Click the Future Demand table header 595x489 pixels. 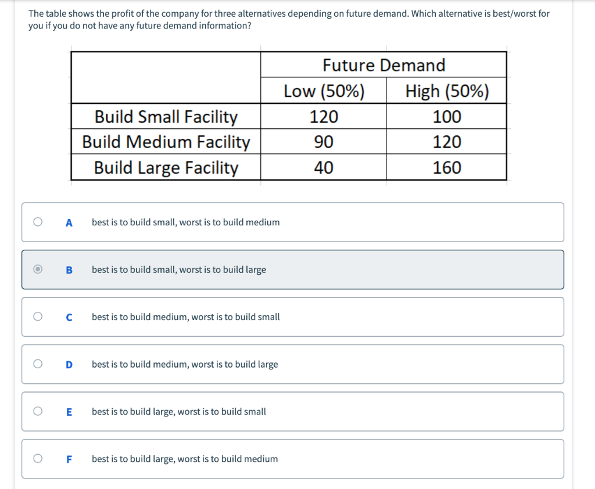(x=383, y=65)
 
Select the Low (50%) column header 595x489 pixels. (x=324, y=91)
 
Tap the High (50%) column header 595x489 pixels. (x=447, y=91)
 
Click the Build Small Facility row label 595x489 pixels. (x=166, y=117)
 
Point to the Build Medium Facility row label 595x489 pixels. (x=166, y=142)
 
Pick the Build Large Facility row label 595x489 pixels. (x=166, y=168)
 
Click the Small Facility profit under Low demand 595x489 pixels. (x=324, y=117)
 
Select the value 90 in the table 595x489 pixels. (x=324, y=142)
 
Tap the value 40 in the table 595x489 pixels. (x=324, y=168)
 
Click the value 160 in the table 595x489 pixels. (x=447, y=168)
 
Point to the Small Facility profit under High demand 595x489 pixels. (x=447, y=117)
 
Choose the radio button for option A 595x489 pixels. (x=38, y=222)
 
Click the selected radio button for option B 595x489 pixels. (x=38, y=269)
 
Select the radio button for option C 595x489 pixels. (x=38, y=317)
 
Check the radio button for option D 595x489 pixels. (x=38, y=364)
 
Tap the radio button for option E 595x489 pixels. (x=38, y=411)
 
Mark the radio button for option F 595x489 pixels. (x=38, y=459)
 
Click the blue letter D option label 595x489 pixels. (x=69, y=365)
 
